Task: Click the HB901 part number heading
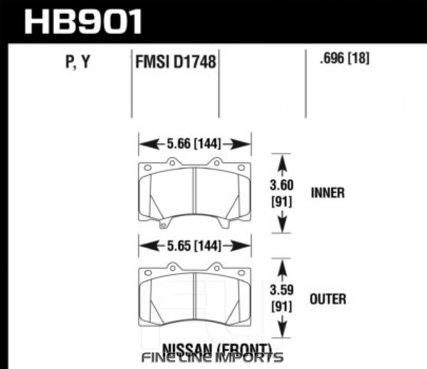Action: [x=83, y=21]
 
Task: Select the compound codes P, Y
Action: [x=78, y=61]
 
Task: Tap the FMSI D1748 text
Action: [x=175, y=61]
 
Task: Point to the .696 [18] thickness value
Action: [x=345, y=58]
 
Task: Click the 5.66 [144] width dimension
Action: [x=194, y=144]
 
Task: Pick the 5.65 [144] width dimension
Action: [x=194, y=246]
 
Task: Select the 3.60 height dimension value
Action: [x=281, y=185]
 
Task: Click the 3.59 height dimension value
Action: [x=281, y=290]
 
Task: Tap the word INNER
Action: [x=328, y=193]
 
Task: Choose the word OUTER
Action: [x=328, y=299]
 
